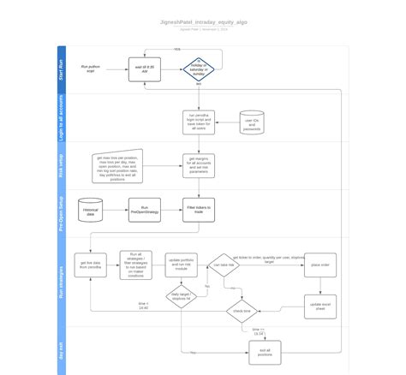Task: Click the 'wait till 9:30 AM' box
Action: [x=145, y=68]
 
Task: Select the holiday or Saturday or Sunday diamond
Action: [x=198, y=68]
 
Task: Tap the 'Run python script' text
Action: [x=91, y=68]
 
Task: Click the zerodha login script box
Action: [x=198, y=122]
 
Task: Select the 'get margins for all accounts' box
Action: [x=198, y=164]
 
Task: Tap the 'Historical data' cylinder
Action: [x=92, y=211]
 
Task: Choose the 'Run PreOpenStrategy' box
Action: [x=145, y=211]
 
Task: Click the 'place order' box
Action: [x=319, y=265]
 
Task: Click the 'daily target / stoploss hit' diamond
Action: [x=181, y=297]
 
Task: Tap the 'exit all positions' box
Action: [x=265, y=350]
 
